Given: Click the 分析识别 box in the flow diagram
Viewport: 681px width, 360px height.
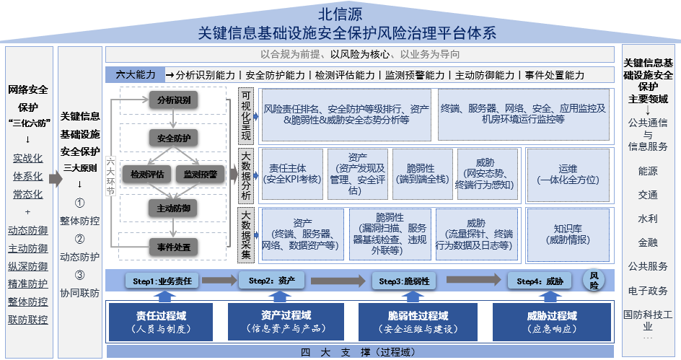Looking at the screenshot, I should pyautogui.click(x=173, y=100).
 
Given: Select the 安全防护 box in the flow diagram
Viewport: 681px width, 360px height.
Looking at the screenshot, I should pyautogui.click(x=173, y=137).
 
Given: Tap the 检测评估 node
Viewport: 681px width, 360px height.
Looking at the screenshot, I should pyautogui.click(x=146, y=173).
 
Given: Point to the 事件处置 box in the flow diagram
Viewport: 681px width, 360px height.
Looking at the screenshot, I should pyautogui.click(x=173, y=247).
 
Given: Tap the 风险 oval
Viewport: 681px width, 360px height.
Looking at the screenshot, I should pyautogui.click(x=595, y=281).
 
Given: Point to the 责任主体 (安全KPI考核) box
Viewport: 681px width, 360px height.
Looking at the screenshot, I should pyautogui.click(x=291, y=173).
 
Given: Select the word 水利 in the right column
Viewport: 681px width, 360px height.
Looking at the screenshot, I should pyautogui.click(x=648, y=219).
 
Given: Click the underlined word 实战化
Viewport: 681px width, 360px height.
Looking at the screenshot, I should pyautogui.click(x=28, y=158).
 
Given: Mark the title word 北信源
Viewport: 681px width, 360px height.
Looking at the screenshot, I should pyautogui.click(x=340, y=13).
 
